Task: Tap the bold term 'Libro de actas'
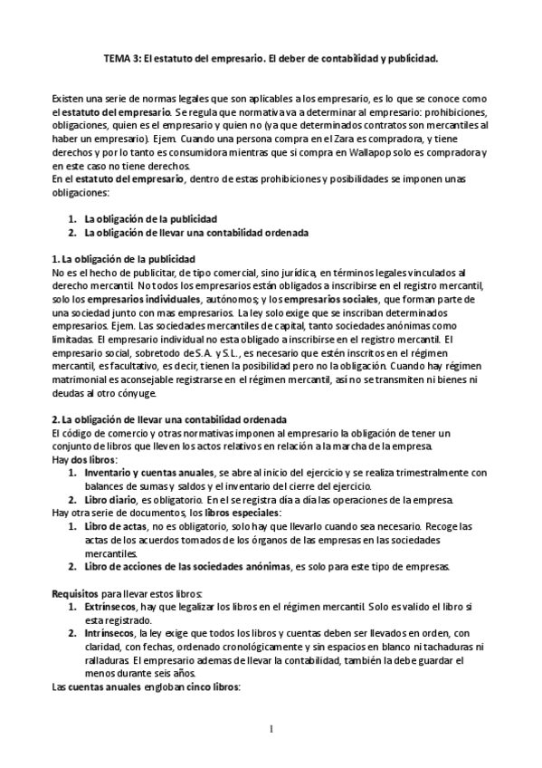coord(115,526)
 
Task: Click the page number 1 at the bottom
coord(271,728)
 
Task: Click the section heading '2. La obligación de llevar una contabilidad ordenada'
coord(168,420)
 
